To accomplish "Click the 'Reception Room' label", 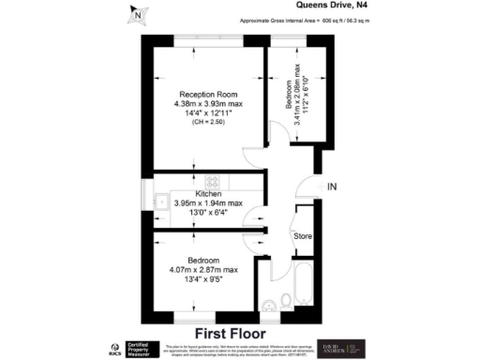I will (x=208, y=95).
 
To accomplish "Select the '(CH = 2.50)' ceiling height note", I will (x=208, y=123).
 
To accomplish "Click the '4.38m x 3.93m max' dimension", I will (x=208, y=104).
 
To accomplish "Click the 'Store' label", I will (x=302, y=236).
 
